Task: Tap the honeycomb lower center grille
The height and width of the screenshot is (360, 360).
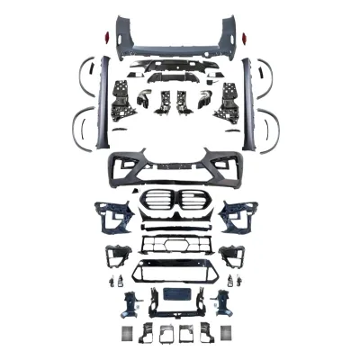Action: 177,245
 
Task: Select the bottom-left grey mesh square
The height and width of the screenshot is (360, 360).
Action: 124,333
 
